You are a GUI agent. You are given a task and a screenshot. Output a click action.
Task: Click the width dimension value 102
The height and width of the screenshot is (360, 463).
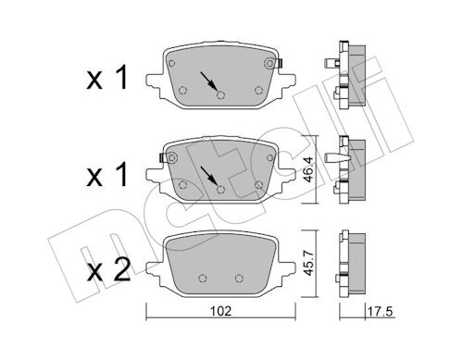(x=220, y=311)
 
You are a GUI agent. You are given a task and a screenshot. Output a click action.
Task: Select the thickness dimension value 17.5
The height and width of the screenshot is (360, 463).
(x=380, y=311)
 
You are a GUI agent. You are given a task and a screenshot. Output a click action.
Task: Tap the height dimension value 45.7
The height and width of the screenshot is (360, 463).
(x=309, y=263)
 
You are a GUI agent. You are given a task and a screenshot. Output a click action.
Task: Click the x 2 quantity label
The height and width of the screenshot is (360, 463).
(x=108, y=271)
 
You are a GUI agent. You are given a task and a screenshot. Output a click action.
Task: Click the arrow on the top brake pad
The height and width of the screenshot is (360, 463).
(x=208, y=81)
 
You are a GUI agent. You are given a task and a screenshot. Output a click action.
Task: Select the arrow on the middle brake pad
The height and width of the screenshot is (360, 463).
(x=208, y=175)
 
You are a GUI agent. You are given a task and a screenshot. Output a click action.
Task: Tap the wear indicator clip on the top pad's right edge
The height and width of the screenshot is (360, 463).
(x=281, y=64)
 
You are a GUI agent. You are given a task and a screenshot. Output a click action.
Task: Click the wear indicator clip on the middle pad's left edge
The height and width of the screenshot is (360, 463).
(x=161, y=158)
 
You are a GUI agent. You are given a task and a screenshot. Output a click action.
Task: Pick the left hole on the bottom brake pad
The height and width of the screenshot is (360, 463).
(x=202, y=279)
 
